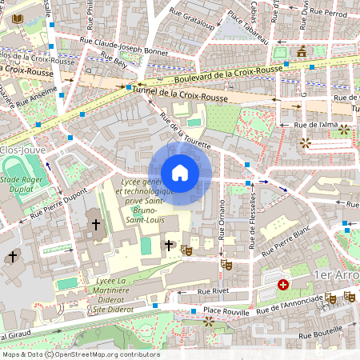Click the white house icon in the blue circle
click(180, 172)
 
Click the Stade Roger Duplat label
click(22, 186)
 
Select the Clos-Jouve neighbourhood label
click(22, 149)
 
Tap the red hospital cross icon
click(282, 284)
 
